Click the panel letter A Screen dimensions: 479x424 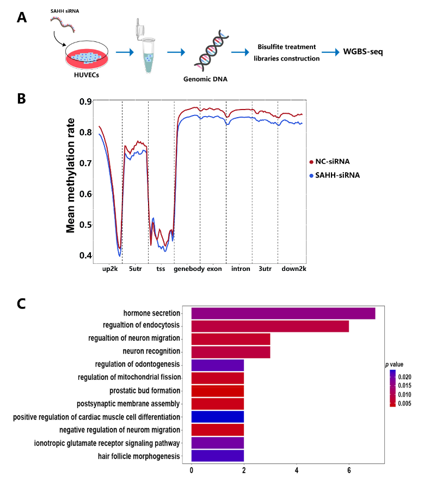(x=22, y=18)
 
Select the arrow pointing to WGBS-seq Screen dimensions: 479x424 (x=330, y=53)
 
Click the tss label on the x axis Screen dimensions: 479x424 (x=161, y=269)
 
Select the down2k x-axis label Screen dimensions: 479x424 (x=293, y=269)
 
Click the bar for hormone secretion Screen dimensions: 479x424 (x=283, y=313)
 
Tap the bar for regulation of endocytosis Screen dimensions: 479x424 (x=270, y=326)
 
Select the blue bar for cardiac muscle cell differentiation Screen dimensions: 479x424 (x=217, y=417)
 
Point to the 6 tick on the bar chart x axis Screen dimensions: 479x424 (x=349, y=469)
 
